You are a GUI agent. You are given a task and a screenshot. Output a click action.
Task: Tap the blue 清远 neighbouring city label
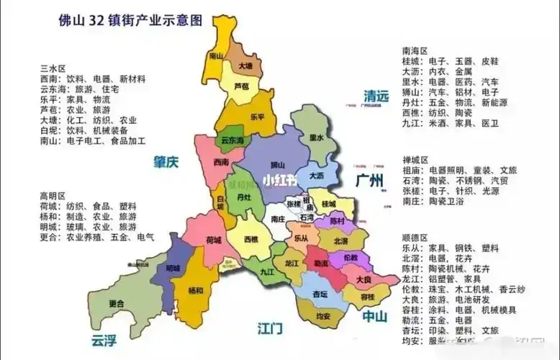(376, 96)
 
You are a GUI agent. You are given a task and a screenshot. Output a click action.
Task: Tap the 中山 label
(374, 315)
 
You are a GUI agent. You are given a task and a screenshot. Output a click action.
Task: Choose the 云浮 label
(104, 341)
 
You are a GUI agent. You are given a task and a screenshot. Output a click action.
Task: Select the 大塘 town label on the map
(245, 67)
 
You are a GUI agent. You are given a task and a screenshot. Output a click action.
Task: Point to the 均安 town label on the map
(323, 315)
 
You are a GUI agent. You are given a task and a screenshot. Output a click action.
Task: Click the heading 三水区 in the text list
(53, 68)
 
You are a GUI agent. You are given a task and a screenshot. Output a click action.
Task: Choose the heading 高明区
(53, 195)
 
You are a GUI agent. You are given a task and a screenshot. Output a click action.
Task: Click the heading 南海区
(415, 51)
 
